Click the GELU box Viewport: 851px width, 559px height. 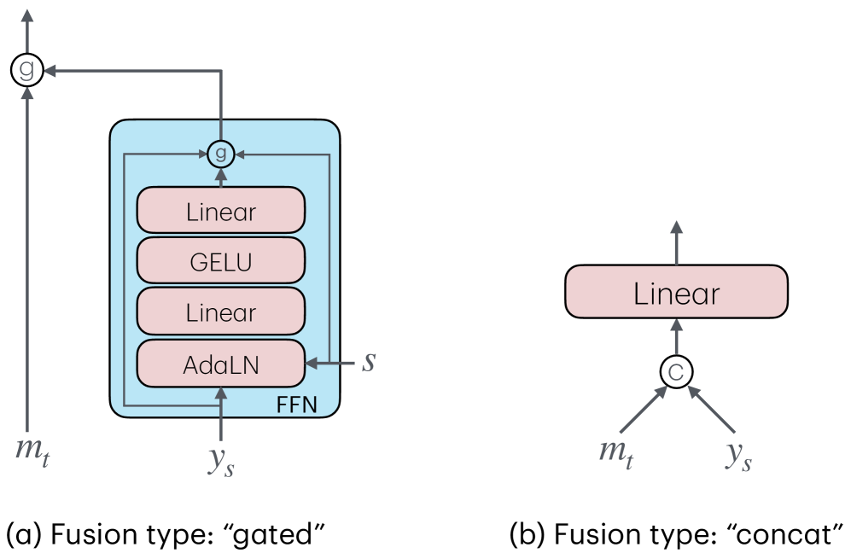click(x=220, y=262)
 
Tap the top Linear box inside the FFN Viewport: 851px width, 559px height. click(x=220, y=212)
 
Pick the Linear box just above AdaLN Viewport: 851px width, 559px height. click(x=220, y=312)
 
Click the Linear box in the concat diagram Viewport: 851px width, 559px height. click(x=676, y=294)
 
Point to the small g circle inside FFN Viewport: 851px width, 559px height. click(x=220, y=154)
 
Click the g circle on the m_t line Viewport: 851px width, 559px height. click(x=27, y=71)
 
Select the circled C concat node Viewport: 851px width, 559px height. click(x=676, y=371)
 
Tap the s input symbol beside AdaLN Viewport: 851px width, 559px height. click(x=368, y=361)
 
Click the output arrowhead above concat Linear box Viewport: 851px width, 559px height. click(x=676, y=228)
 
